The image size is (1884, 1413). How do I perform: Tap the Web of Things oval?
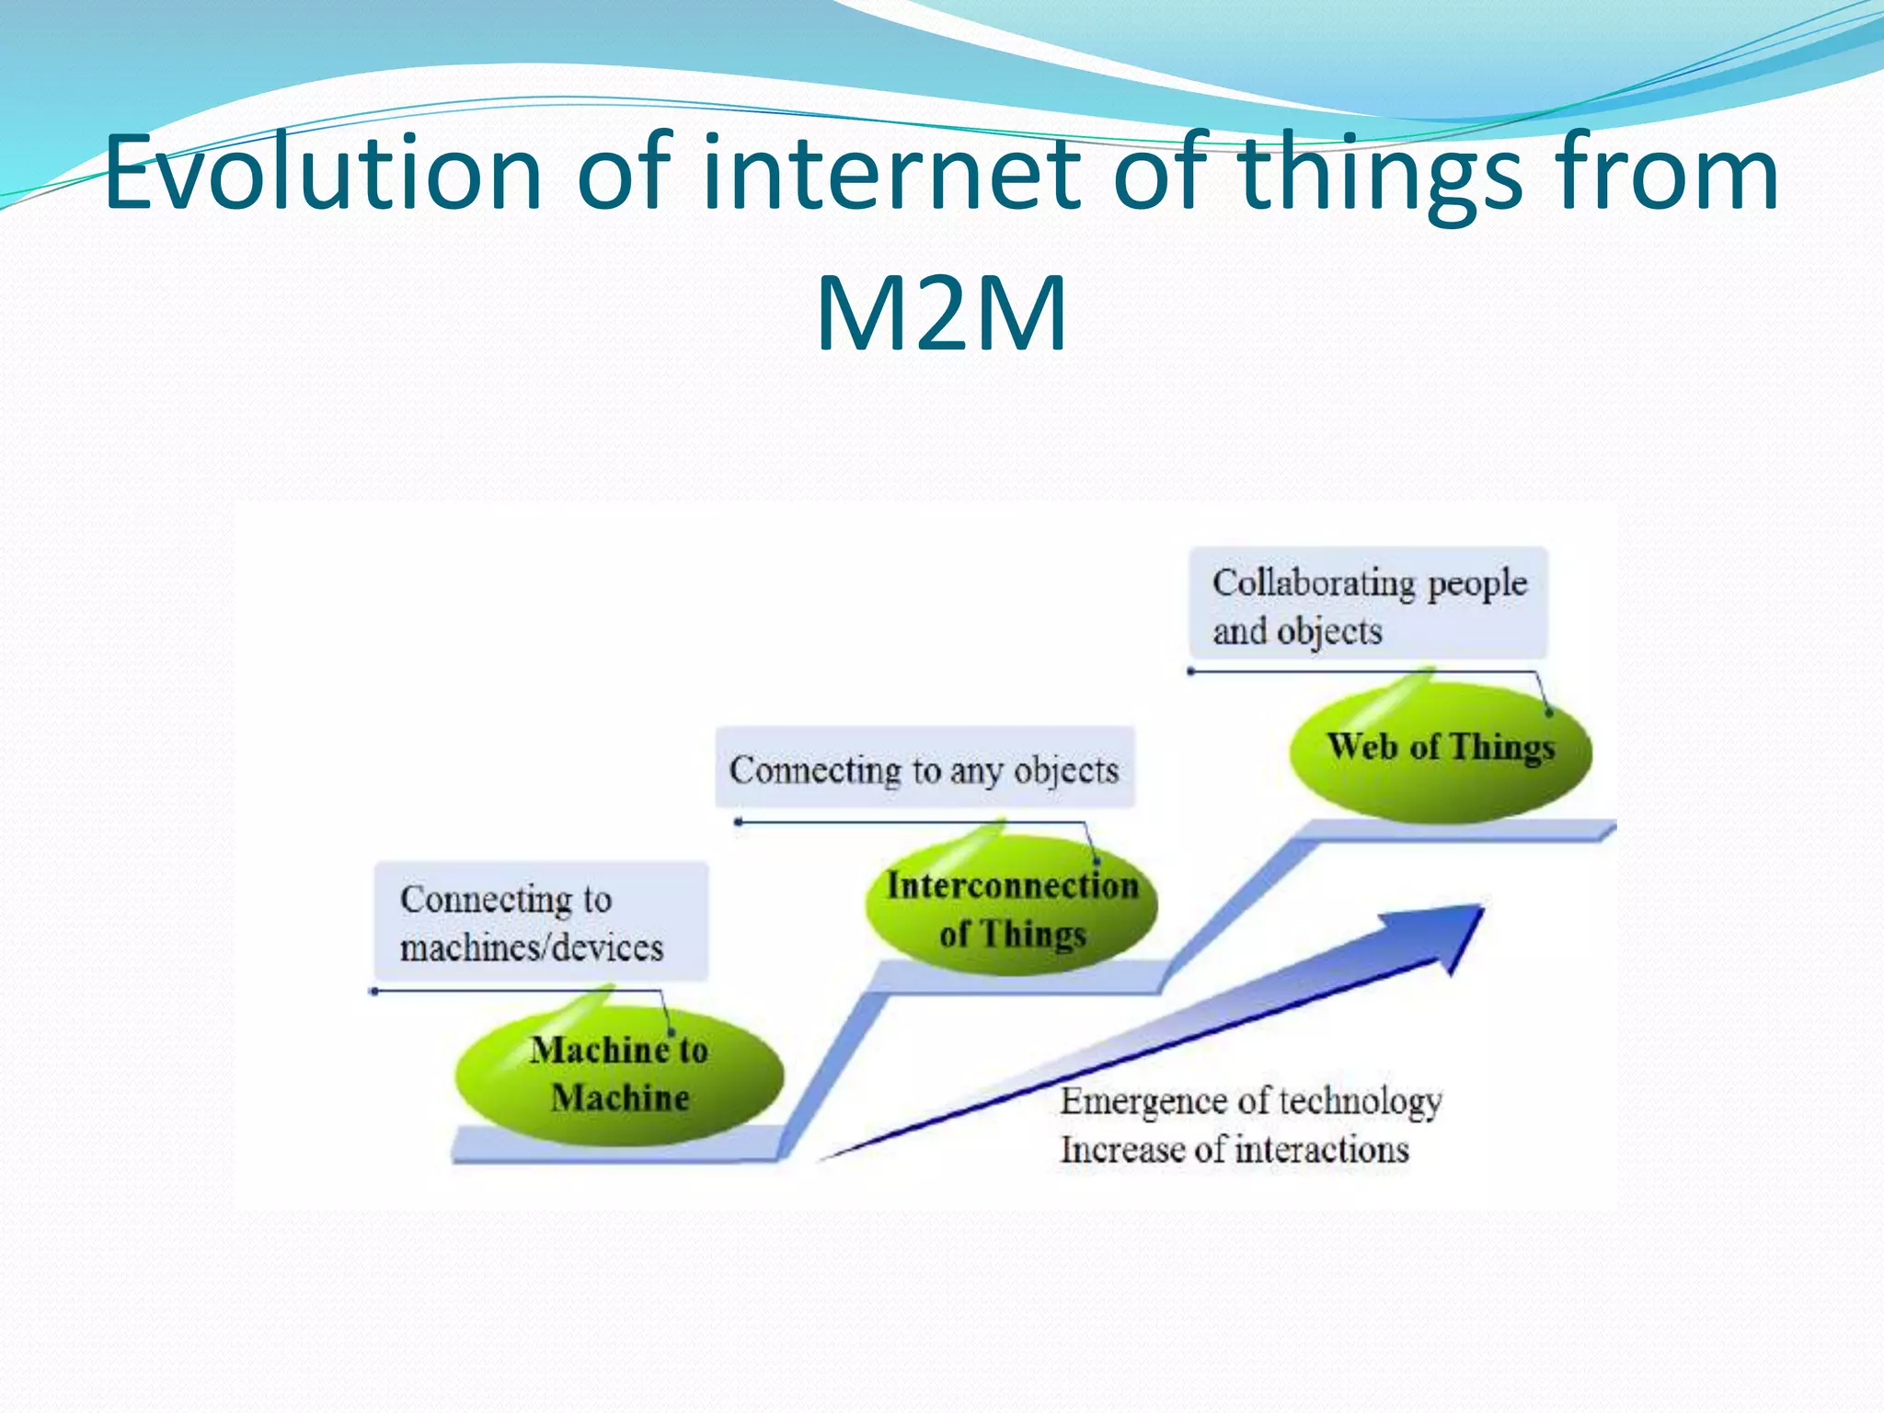pos(1440,747)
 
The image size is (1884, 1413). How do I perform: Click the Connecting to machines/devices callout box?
pos(541,922)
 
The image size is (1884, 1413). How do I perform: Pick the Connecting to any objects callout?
pos(925,769)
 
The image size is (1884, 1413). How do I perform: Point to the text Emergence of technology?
pos(1250,1101)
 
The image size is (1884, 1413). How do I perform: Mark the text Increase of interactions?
pos(1235,1150)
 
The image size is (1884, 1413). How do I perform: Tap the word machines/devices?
pos(532,948)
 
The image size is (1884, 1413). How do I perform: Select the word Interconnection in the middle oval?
pos(1012,885)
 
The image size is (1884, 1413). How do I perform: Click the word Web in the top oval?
pos(1361,746)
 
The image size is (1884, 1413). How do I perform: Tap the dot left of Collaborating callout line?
pos(1191,672)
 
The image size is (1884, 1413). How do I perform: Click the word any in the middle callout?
pos(975,771)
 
